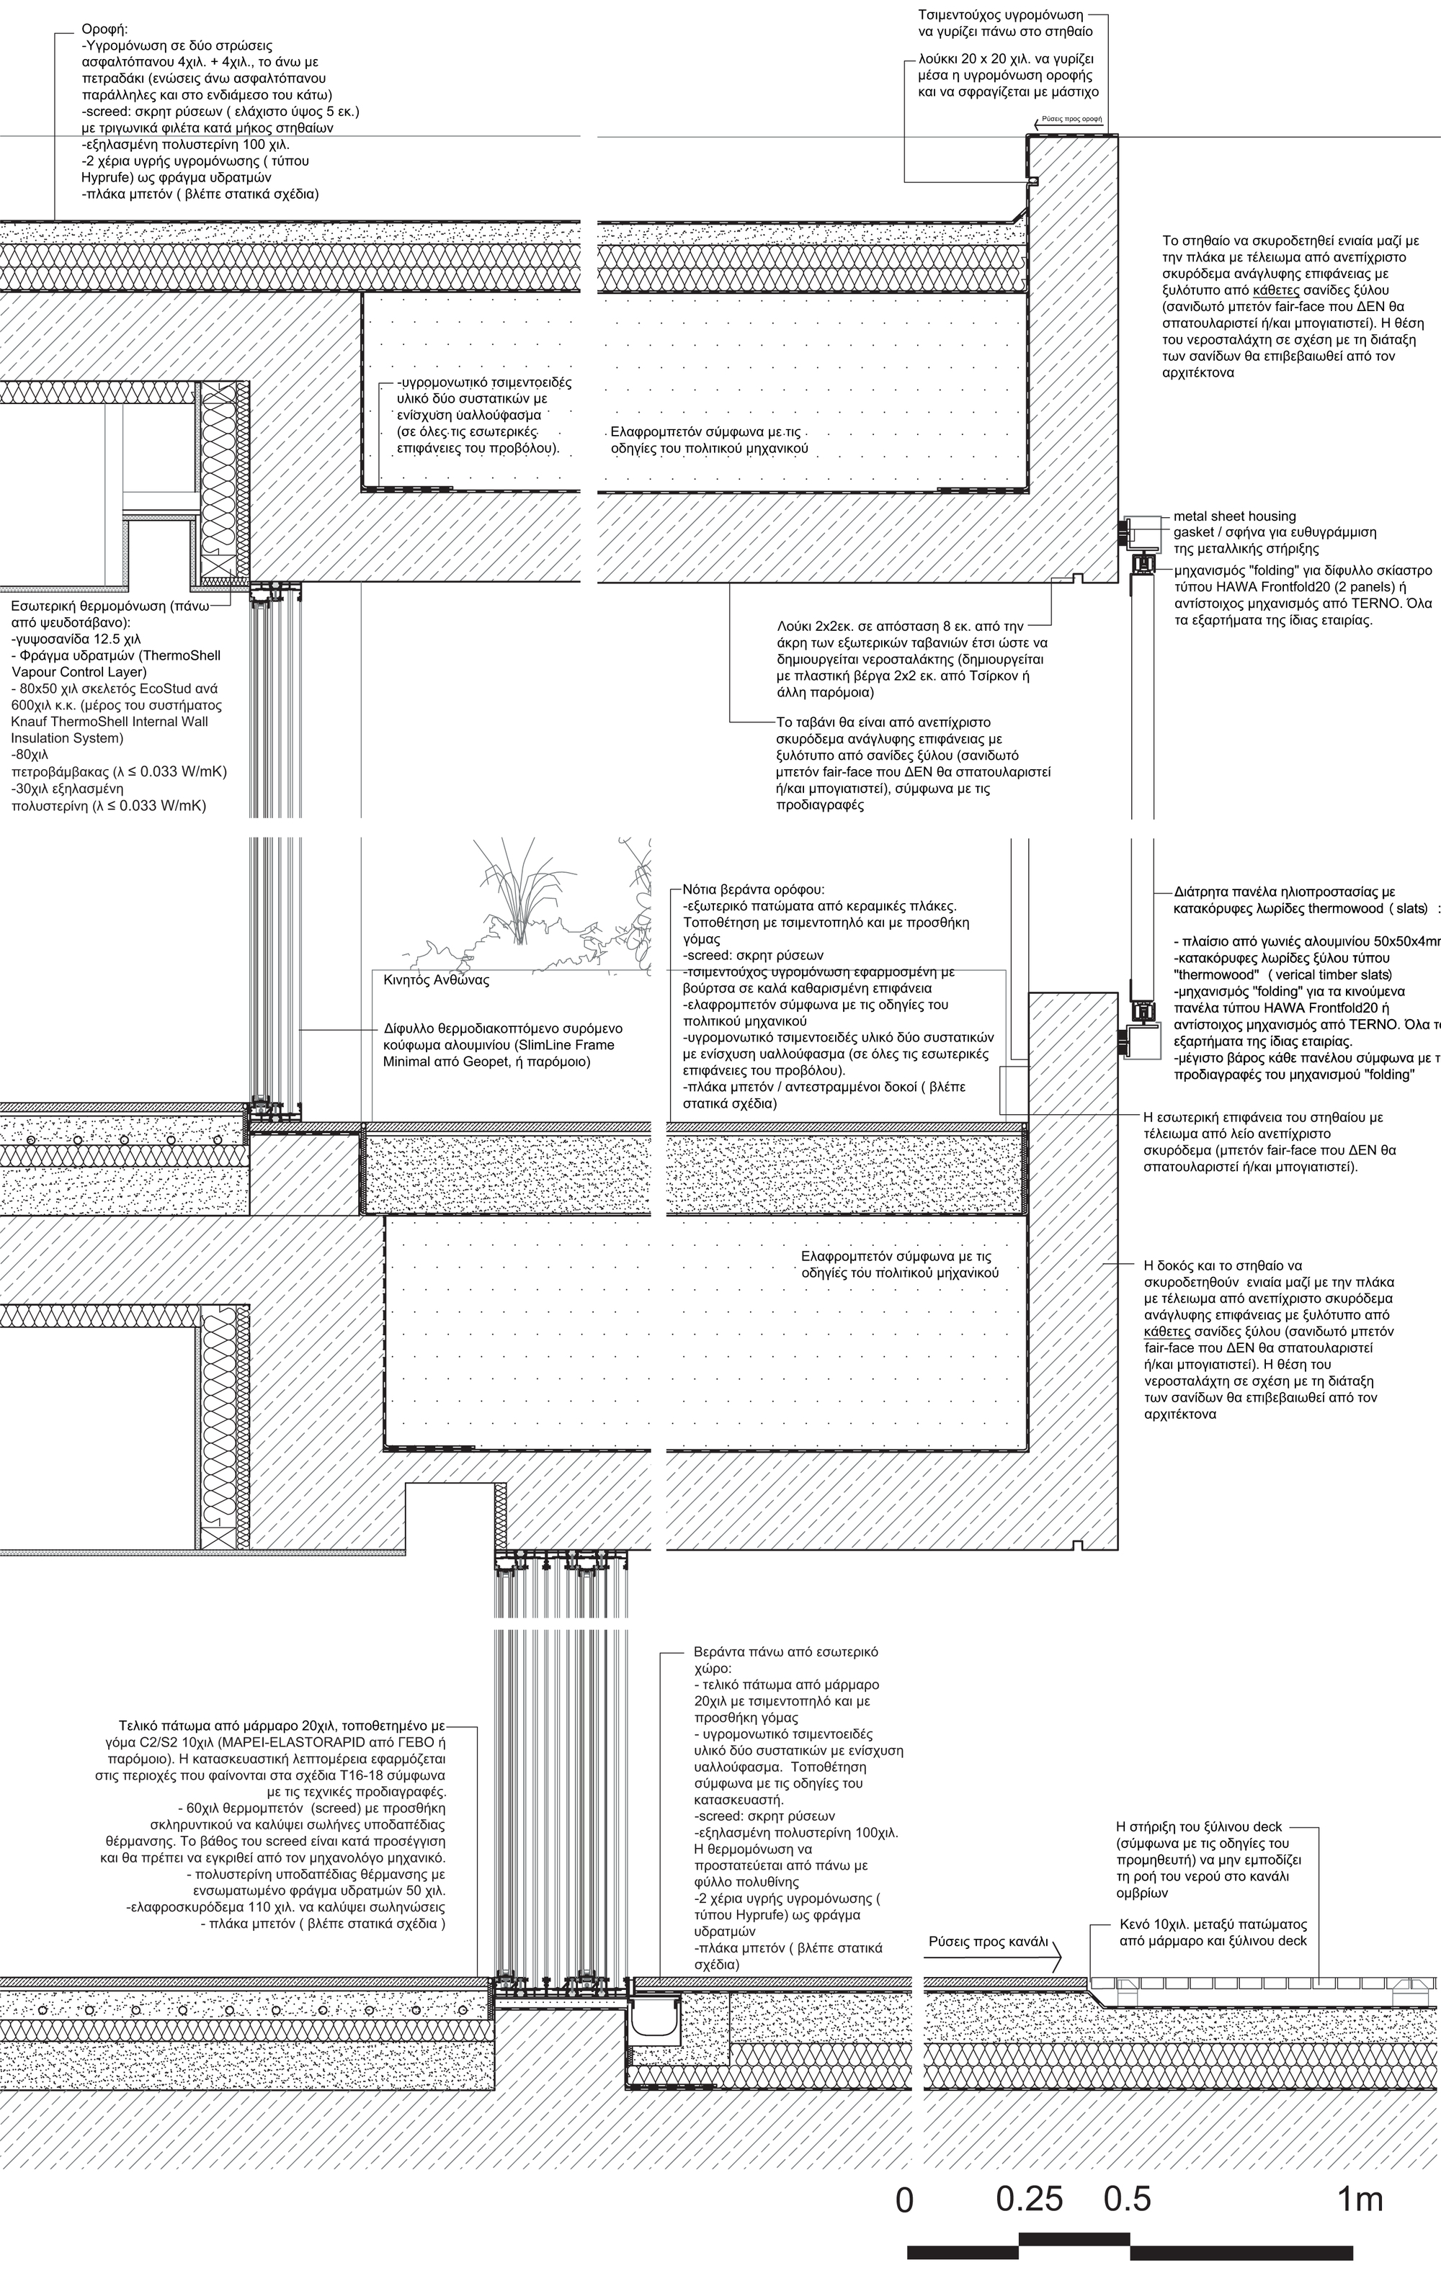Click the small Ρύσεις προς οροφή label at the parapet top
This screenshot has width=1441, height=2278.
[x=1072, y=120]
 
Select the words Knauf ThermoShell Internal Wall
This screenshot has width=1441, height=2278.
[x=110, y=722]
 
